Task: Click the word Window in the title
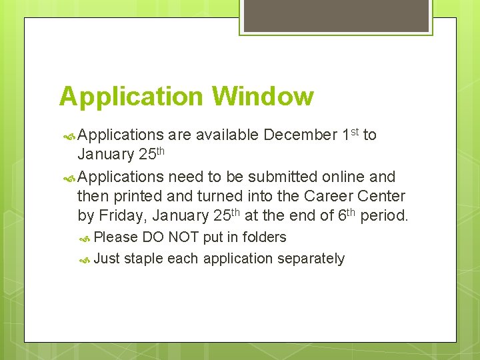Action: point(263,96)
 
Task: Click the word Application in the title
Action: point(131,97)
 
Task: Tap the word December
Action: point(300,135)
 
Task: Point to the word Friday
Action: point(122,216)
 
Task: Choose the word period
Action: point(385,216)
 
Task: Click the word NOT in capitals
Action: point(184,237)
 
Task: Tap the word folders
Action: point(265,237)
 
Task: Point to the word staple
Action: point(144,259)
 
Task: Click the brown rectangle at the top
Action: point(335,15)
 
